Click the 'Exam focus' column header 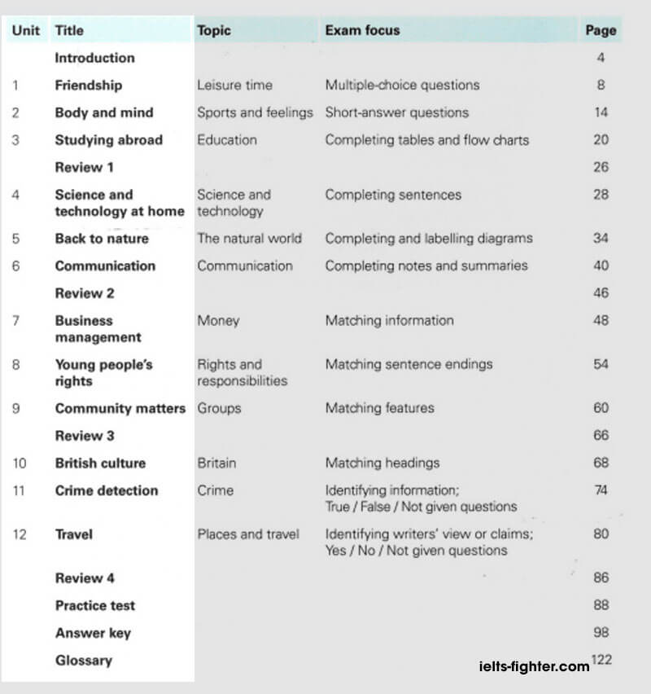[x=362, y=31]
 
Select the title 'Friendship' [x=88, y=85]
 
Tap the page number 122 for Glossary [x=601, y=660]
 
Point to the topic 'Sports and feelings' [x=255, y=112]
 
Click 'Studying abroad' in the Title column [x=108, y=140]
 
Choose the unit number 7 [x=16, y=321]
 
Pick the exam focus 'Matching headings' [x=382, y=463]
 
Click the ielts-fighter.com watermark [x=535, y=666]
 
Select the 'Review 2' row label [x=85, y=293]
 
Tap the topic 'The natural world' [x=249, y=239]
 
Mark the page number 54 [x=601, y=364]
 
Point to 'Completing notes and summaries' [x=426, y=266]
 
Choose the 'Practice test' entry [x=94, y=605]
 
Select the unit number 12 [x=20, y=534]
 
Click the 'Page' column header [x=601, y=31]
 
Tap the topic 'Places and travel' [x=247, y=534]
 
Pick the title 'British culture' [x=100, y=463]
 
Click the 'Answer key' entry [x=93, y=633]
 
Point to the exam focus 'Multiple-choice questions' [x=402, y=85]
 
